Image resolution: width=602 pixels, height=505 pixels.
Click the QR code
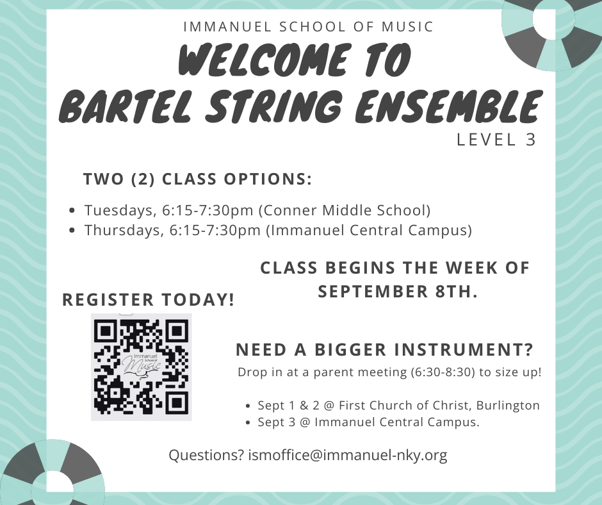coord(142,367)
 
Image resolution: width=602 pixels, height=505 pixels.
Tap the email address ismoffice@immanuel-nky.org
coord(348,455)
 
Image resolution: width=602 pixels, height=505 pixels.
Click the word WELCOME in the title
coord(265,59)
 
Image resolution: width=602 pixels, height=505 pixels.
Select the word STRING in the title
coord(273,105)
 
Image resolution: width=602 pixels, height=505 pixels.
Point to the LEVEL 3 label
coord(496,140)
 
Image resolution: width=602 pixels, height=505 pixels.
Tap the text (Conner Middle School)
coord(345,211)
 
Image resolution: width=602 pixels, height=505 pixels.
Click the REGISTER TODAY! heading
coord(149,300)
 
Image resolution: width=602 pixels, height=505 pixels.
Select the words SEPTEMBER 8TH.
coord(398,292)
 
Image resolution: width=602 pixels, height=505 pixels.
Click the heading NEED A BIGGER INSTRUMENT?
coord(385,350)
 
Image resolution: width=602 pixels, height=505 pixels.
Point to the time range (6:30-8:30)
coord(443,372)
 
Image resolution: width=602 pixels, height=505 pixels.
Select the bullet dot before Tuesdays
coord(72,211)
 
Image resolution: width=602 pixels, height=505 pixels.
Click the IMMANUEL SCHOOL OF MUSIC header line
coord(309,27)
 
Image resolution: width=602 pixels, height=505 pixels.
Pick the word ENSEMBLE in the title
coord(448,105)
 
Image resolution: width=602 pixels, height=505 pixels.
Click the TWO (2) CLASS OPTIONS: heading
coord(198,179)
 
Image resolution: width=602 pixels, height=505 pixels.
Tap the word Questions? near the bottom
coord(207,455)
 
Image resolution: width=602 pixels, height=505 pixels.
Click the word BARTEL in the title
coord(125,105)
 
